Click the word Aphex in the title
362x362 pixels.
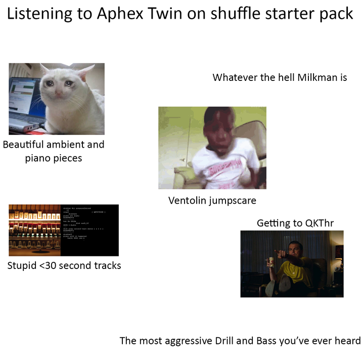pyautogui.click(x=120, y=14)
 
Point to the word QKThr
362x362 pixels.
pyautogui.click(x=320, y=223)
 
